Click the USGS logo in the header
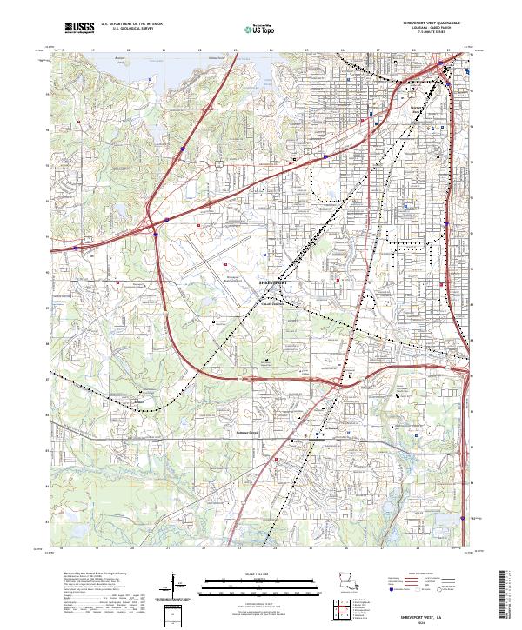tap(79, 28)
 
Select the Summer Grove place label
tap(248, 432)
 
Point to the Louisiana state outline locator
tap(350, 586)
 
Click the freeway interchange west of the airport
tap(153, 228)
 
